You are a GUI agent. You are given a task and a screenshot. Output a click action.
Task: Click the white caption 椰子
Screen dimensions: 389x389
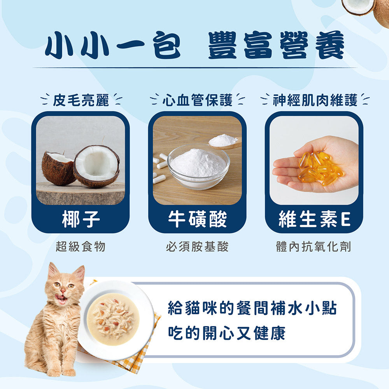pyautogui.click(x=81, y=219)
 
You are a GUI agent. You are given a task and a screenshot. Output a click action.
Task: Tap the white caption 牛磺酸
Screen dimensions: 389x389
pyautogui.click(x=197, y=219)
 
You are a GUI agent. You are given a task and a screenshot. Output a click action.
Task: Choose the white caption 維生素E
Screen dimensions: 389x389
pyautogui.click(x=314, y=219)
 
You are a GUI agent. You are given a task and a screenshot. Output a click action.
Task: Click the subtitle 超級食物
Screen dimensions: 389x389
pyautogui.click(x=81, y=246)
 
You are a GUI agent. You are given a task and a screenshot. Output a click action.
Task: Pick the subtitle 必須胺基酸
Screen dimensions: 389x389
pyautogui.click(x=197, y=246)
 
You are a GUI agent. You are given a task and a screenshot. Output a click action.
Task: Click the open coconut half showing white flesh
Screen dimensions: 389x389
pyautogui.click(x=96, y=165)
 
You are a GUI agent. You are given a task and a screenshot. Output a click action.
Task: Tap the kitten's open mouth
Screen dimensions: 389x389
pyautogui.click(x=61, y=298)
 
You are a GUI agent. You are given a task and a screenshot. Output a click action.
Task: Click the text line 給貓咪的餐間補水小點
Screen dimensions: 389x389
pyautogui.click(x=252, y=308)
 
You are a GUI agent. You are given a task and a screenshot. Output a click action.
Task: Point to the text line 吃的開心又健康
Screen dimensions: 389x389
pyautogui.click(x=226, y=333)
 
